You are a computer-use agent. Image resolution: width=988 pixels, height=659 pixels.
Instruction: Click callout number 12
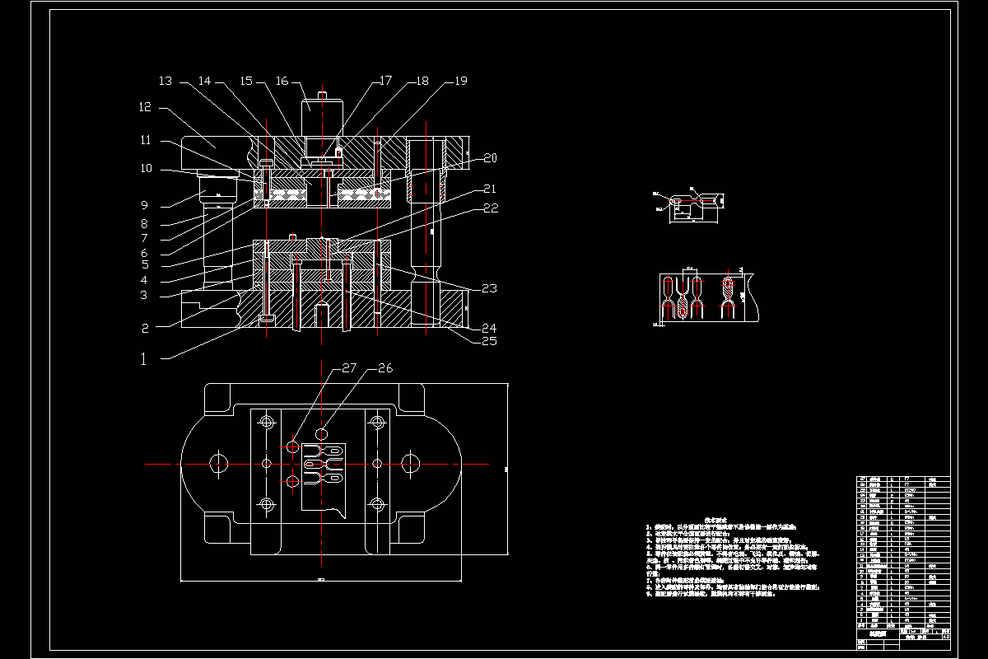click(146, 107)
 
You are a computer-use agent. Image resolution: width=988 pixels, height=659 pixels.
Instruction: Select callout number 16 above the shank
click(282, 82)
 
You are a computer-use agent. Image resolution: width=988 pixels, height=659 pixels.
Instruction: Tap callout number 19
click(460, 82)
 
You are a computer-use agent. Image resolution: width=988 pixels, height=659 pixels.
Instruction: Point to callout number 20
click(491, 157)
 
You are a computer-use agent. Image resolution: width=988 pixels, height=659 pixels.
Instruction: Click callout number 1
click(145, 358)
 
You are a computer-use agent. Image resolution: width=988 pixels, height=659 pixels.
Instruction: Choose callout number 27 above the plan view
click(348, 368)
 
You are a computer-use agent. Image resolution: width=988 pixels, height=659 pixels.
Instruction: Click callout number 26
click(385, 368)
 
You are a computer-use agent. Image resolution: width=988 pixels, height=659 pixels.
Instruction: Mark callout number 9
click(144, 205)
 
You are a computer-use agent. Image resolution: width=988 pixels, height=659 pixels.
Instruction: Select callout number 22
click(491, 208)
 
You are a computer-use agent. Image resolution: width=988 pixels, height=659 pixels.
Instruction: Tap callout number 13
click(165, 82)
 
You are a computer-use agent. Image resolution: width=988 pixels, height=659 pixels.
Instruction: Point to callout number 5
click(144, 264)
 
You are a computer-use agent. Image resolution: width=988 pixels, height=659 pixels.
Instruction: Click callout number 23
click(491, 288)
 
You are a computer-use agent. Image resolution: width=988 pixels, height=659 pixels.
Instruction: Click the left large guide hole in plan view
click(218, 464)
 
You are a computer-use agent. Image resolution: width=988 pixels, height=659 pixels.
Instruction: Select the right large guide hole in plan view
click(410, 464)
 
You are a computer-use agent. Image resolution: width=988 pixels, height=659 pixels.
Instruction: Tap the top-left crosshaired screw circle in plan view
click(267, 423)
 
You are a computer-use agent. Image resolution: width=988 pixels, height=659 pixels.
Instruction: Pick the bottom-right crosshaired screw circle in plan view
click(377, 503)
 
